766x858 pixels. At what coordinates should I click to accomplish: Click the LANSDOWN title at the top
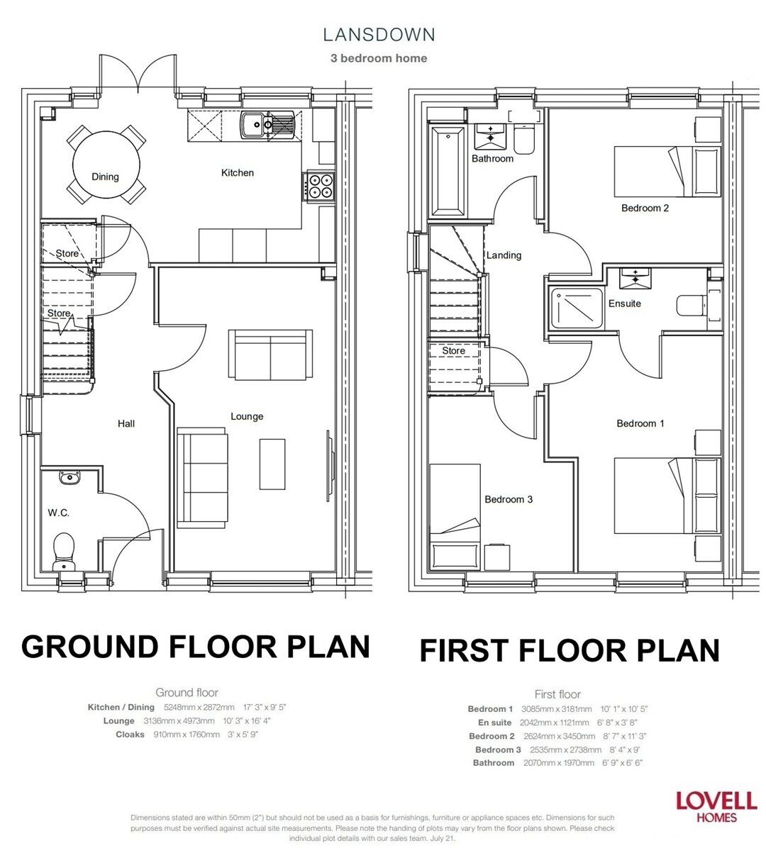(379, 34)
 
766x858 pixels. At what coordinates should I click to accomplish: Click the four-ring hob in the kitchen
(319, 186)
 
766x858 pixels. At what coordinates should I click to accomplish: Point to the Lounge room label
(247, 416)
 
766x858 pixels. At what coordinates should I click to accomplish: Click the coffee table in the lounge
(272, 464)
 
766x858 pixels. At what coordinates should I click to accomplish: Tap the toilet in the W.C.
(64, 550)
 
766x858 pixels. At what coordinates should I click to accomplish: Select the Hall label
(126, 423)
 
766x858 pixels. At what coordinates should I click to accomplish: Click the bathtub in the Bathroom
(448, 171)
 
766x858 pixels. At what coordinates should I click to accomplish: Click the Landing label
(504, 255)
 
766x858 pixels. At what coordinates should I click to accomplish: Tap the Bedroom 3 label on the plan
(509, 499)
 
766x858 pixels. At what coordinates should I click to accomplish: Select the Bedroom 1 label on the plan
(640, 423)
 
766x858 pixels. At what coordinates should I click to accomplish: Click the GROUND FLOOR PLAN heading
(196, 647)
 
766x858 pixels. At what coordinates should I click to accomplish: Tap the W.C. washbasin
(70, 478)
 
